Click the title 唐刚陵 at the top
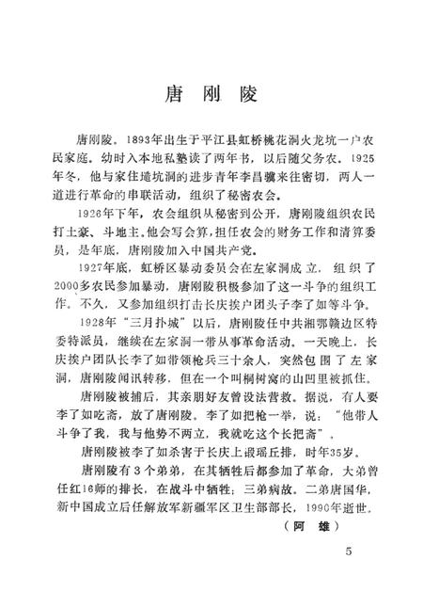pos(213,94)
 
